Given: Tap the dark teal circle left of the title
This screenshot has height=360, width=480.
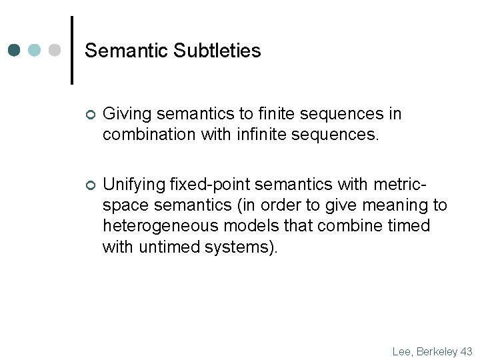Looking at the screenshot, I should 15,51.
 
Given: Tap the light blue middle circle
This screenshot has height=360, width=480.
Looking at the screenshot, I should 35,51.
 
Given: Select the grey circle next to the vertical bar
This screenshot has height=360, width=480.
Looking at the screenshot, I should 55,51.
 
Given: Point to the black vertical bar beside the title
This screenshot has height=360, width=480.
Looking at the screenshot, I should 72,51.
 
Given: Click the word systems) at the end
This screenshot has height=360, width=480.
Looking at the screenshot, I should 241,247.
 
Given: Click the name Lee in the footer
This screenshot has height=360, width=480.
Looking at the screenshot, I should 403,351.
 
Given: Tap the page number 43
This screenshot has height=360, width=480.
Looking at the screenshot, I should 466,351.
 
